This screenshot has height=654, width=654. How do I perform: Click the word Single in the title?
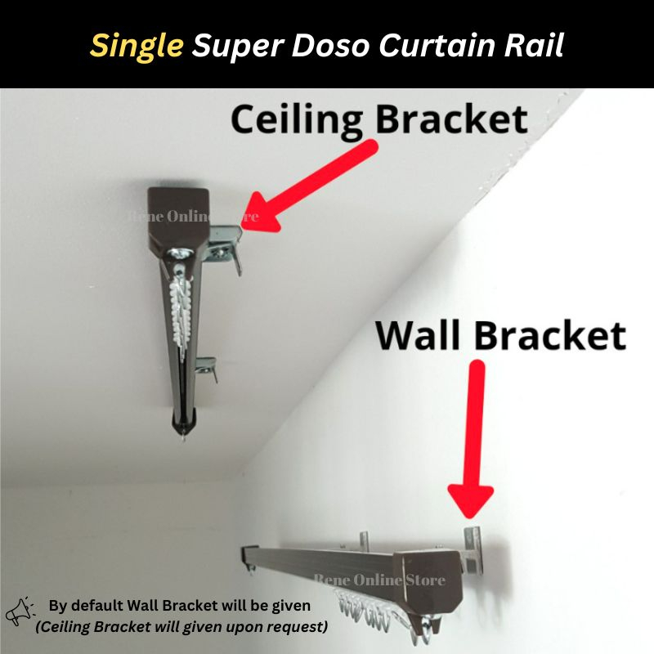137,46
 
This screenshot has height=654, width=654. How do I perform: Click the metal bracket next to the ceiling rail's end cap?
224,245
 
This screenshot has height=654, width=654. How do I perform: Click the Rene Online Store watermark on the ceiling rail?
193,217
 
